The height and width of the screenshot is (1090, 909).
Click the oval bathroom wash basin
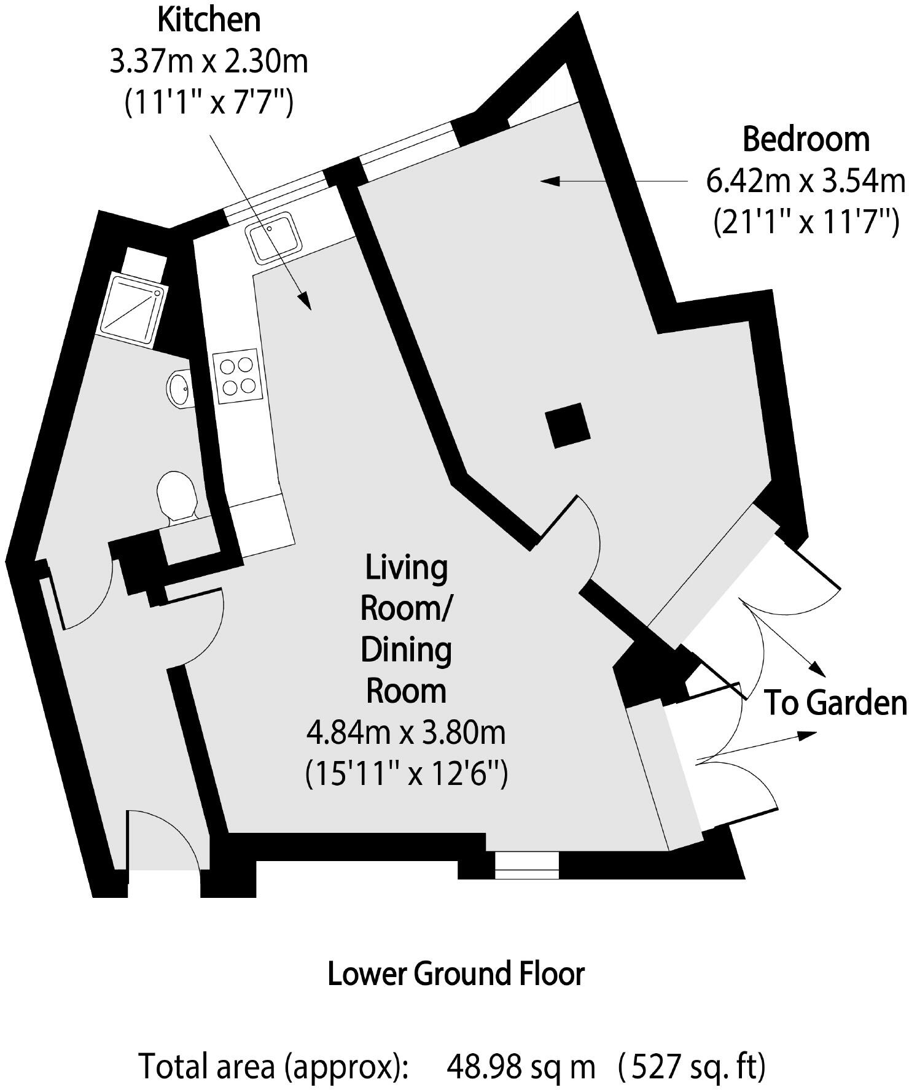[179, 388]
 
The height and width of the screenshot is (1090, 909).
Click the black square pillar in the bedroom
[568, 425]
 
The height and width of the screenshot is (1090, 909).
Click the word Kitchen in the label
[209, 21]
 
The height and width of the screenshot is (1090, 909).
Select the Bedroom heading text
[806, 140]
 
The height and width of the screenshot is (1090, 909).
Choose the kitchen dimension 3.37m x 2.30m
[209, 62]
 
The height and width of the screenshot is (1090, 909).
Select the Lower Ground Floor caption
[456, 974]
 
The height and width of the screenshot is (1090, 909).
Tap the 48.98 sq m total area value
[521, 1067]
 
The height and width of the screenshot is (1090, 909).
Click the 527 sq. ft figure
[693, 1067]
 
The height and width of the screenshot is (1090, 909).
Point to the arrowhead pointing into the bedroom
[548, 180]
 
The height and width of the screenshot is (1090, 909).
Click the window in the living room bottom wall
[527, 865]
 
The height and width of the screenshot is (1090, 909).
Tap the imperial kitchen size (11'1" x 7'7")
[209, 103]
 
